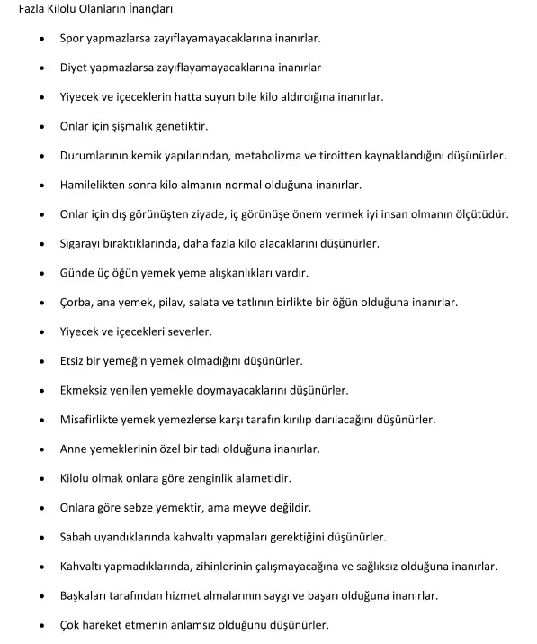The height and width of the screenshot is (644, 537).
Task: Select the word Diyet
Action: (75, 68)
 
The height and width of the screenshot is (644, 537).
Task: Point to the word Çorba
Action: (76, 302)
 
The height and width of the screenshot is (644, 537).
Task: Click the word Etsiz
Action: (73, 360)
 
